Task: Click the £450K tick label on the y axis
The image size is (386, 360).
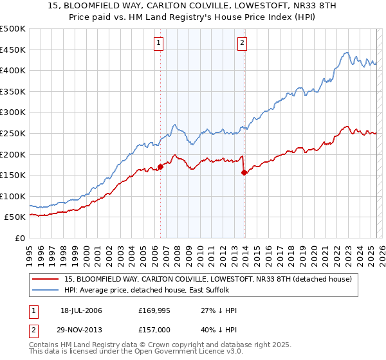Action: click(x=14, y=50)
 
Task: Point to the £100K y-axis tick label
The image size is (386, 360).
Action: click(x=14, y=196)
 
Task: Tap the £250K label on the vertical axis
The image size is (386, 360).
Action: click(x=14, y=133)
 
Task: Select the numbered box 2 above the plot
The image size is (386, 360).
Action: click(x=242, y=43)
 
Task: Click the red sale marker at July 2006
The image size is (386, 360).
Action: click(x=160, y=166)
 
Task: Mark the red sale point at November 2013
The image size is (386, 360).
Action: click(x=244, y=172)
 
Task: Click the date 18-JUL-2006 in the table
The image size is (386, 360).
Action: click(x=78, y=310)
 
